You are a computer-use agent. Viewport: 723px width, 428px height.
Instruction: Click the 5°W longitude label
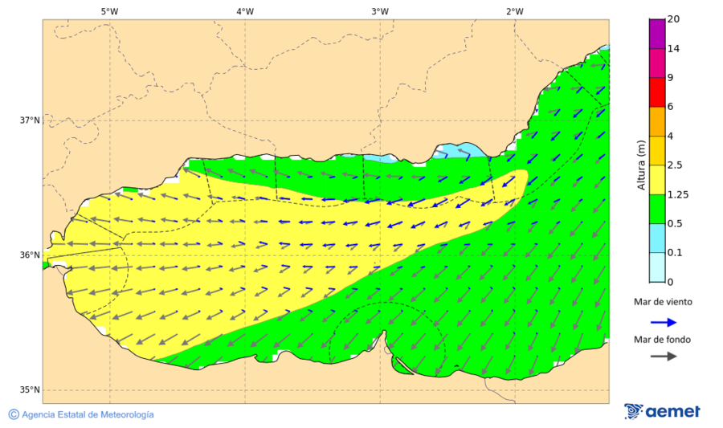coord(109,11)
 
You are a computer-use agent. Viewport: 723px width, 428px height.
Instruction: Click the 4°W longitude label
coord(245,11)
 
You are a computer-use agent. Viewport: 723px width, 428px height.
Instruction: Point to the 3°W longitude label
coord(380,11)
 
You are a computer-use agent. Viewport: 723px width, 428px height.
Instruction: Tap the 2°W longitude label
coord(515,11)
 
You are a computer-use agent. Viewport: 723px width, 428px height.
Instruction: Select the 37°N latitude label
coord(30,120)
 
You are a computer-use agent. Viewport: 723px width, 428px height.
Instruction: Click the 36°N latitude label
coord(30,255)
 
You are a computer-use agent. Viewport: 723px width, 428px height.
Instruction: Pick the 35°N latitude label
coord(30,390)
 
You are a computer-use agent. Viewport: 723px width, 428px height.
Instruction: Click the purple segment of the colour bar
coord(657,34)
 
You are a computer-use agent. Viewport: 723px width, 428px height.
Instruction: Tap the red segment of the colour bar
coord(657,92)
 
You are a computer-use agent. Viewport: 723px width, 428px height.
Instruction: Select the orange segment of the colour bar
coord(657,121)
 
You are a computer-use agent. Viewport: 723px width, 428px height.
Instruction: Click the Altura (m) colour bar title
coord(641,165)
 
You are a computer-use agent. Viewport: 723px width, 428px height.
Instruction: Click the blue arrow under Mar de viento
coord(662,320)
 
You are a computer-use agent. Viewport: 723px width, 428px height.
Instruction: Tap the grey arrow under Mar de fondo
coord(662,357)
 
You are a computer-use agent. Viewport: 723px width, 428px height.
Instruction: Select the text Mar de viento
coord(662,302)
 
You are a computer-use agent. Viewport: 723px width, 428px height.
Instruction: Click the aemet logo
coord(662,411)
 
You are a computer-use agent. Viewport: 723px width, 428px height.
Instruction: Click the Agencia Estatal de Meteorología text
coord(88,414)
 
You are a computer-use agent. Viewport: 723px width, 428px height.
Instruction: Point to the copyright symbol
coord(14,414)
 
